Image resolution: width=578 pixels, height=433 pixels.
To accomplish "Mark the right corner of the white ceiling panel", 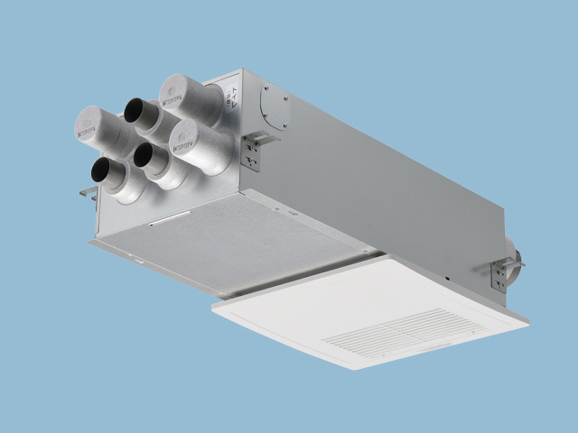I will pyautogui.click(x=528, y=320).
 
